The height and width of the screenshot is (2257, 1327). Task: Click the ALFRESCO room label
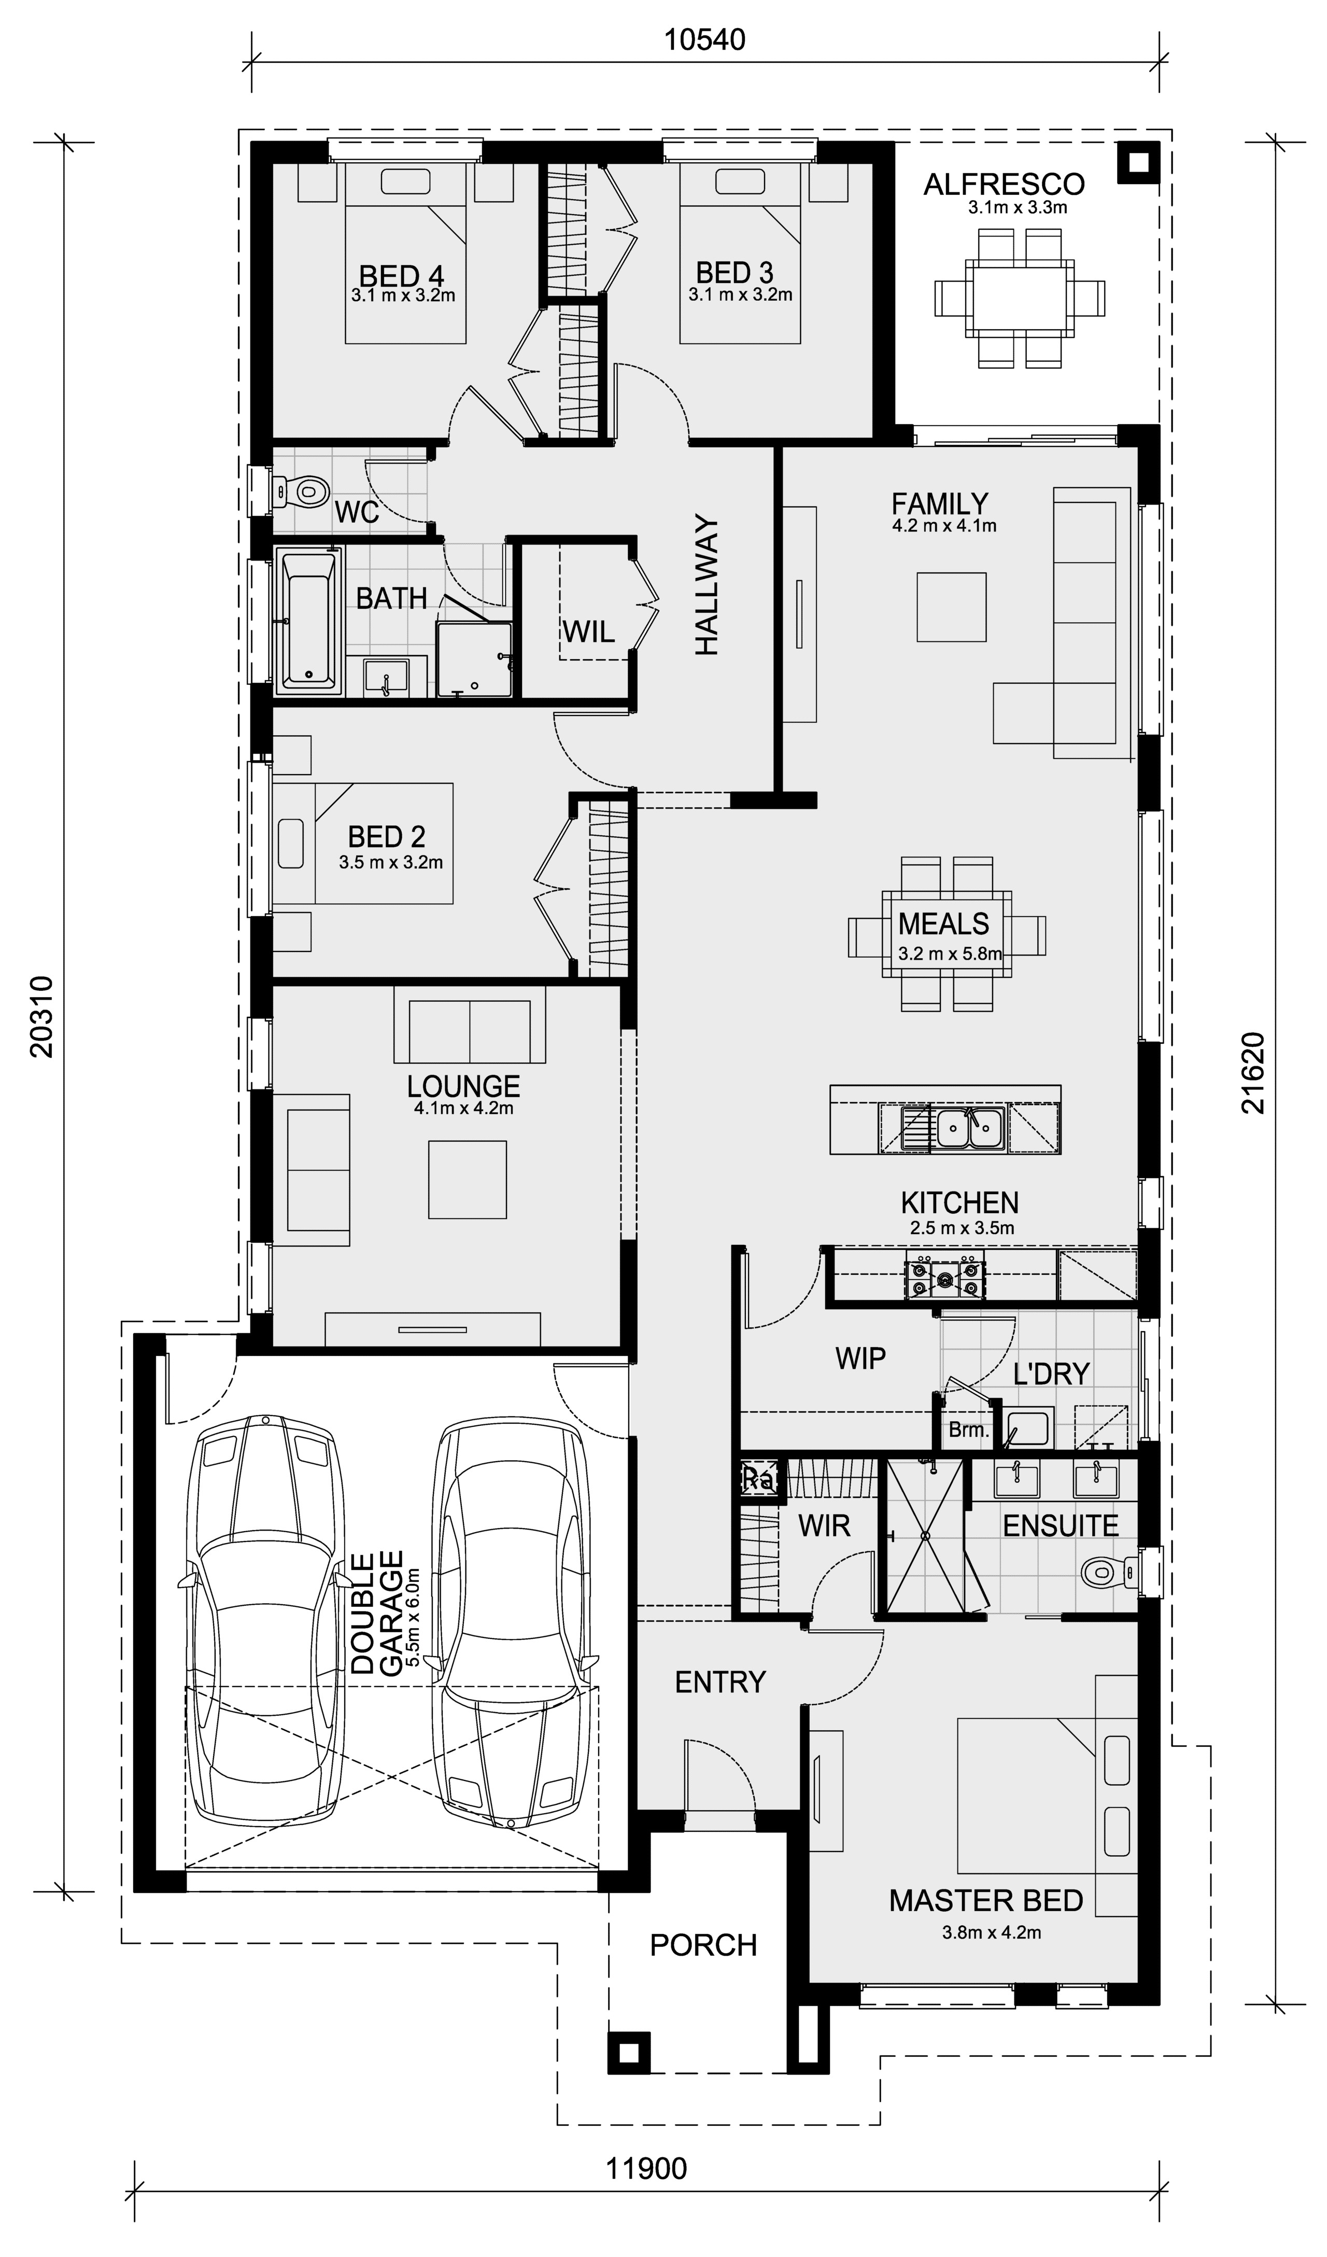[x=1004, y=185]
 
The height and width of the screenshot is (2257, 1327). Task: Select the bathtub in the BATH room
[x=309, y=622]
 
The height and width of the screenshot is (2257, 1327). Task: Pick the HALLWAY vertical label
[x=707, y=585]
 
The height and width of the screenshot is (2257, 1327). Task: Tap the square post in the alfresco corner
[x=1137, y=163]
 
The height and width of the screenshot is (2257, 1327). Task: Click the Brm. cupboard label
[x=968, y=1429]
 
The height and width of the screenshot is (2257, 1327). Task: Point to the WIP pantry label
[x=860, y=1358]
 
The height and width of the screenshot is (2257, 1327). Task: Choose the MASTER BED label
[x=986, y=1901]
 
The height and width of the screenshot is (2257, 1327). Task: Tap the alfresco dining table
[x=1019, y=298]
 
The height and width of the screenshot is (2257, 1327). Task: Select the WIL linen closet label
[x=588, y=633]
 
